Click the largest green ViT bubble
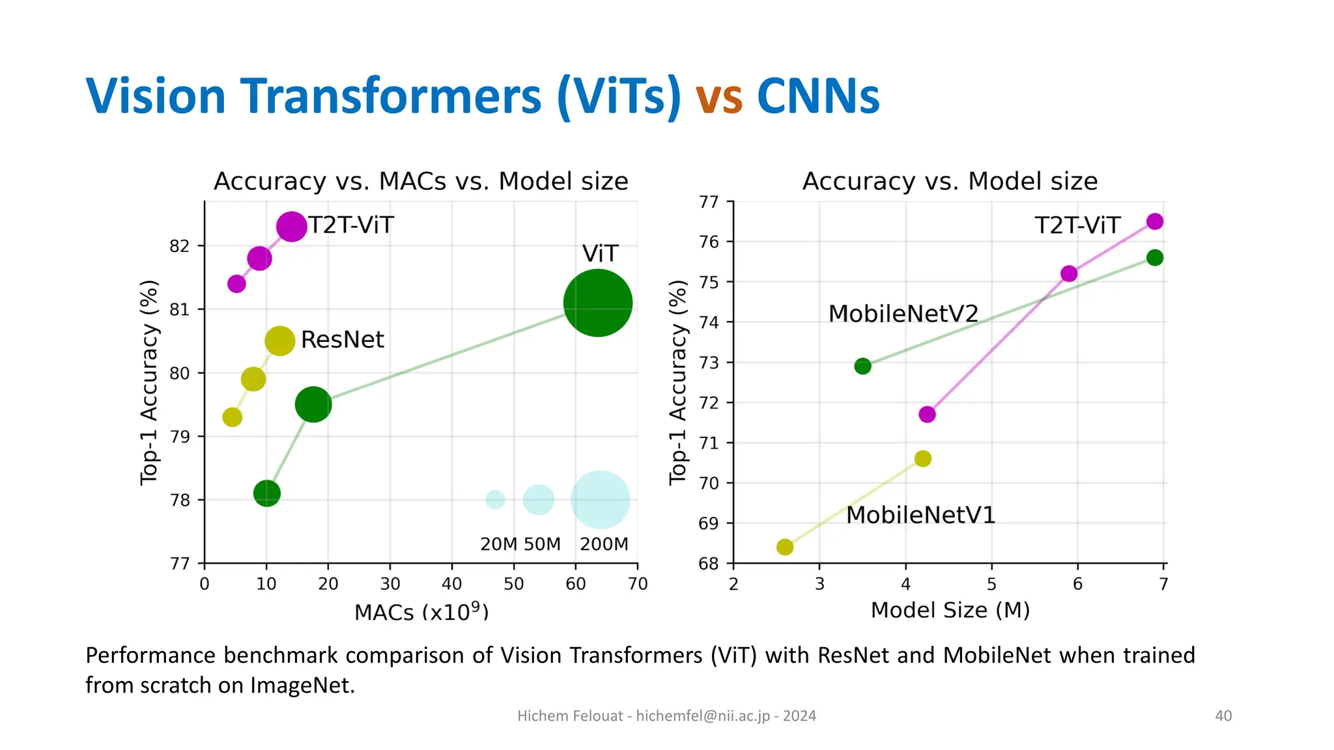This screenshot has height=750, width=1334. tap(597, 303)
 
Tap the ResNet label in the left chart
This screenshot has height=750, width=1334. tap(342, 340)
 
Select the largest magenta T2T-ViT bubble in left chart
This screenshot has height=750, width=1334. tap(291, 227)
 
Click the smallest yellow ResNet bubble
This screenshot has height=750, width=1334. tap(232, 417)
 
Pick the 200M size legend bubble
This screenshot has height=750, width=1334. tap(600, 499)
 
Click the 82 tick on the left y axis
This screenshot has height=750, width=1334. tap(179, 246)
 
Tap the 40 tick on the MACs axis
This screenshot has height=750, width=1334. tap(451, 584)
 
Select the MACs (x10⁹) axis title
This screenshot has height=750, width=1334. tap(421, 612)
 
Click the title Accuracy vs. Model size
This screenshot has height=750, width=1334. tap(950, 181)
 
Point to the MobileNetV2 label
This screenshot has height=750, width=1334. tap(903, 314)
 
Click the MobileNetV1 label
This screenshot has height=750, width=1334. tap(920, 515)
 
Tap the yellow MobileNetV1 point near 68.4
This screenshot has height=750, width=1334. tap(785, 547)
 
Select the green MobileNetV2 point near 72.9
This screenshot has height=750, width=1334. tap(862, 366)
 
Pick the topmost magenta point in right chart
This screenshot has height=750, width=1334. tap(1154, 221)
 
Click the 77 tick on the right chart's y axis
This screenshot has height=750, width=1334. tap(709, 202)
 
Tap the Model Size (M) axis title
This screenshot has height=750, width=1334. tap(950, 610)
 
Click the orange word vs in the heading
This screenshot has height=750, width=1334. tap(718, 97)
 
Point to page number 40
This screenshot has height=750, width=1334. tap(1223, 716)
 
